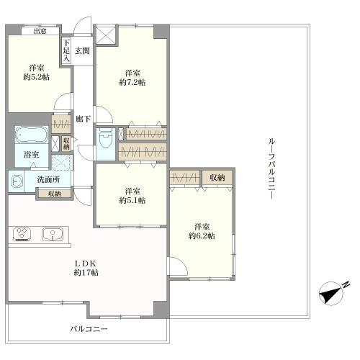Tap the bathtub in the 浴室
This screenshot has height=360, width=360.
tap(32, 135)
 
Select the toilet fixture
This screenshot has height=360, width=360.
tap(106, 138)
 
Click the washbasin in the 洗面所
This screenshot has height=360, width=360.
tap(16, 181)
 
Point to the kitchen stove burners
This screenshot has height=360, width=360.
tap(22, 234)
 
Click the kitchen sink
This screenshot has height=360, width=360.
tap(53, 234)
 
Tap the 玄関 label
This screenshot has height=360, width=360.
tap(82, 50)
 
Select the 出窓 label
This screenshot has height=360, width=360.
tap(40, 31)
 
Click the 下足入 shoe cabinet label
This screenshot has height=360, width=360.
tap(66, 51)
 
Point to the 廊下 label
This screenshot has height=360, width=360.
tap(83, 119)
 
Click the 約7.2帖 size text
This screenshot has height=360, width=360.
tap(132, 82)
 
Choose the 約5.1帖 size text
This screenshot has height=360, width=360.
tap(132, 200)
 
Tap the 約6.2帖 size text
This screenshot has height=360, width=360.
tap(202, 235)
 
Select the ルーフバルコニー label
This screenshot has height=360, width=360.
tap(271, 168)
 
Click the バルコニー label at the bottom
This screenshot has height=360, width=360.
tap(89, 329)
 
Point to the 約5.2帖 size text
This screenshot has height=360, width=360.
tap(37, 77)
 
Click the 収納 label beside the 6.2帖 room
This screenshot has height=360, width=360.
tap(217, 178)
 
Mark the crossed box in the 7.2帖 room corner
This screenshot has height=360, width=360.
tap(106, 35)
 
